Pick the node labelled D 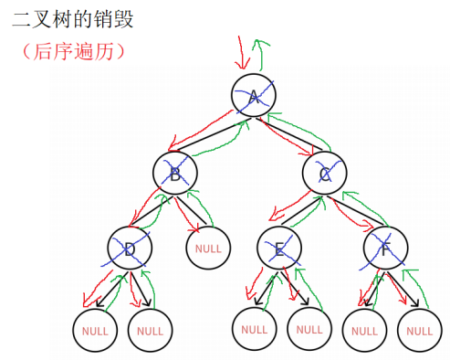[x=128, y=247]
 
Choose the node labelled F [x=383, y=247]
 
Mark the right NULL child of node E [x=309, y=327]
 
